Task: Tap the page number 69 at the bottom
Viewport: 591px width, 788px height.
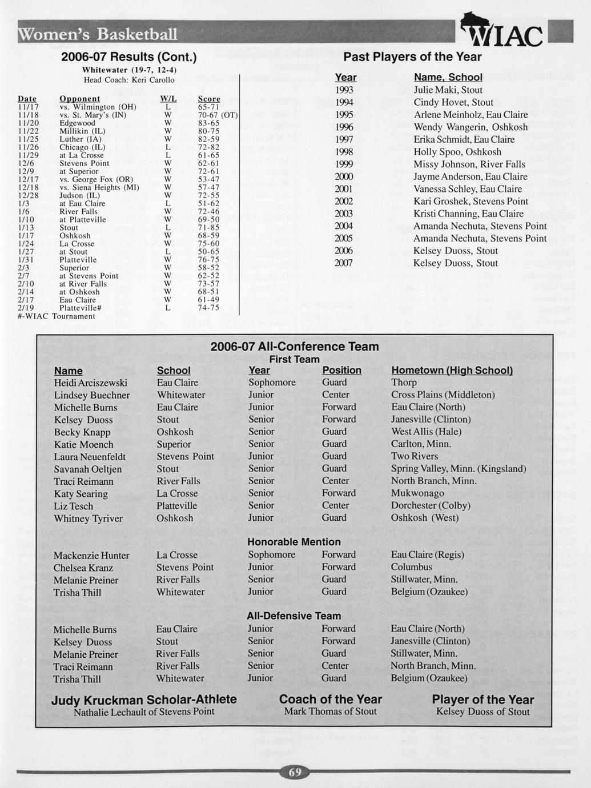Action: (x=295, y=773)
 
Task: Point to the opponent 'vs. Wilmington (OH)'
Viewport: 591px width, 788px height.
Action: (x=98, y=107)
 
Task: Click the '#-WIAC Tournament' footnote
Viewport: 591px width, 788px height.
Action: (x=57, y=316)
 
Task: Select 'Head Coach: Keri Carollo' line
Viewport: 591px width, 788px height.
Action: (x=129, y=80)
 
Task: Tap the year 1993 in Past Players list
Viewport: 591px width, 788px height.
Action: (x=344, y=90)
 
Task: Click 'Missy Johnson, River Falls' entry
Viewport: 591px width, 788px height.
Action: (x=469, y=164)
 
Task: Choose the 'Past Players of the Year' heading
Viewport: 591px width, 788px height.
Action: (x=412, y=57)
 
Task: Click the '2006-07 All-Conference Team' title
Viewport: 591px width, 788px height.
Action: (x=294, y=347)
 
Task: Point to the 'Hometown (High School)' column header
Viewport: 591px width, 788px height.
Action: (x=452, y=371)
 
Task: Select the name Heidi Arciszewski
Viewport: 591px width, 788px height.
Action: (x=91, y=383)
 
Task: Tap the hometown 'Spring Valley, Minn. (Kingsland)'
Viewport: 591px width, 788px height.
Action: (x=459, y=469)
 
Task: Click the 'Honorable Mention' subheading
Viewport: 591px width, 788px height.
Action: (x=294, y=542)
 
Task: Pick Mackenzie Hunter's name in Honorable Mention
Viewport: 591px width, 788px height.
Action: (x=91, y=556)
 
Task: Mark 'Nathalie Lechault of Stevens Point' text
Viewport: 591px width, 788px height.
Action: (x=144, y=712)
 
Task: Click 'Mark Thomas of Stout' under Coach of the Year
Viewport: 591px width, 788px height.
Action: (x=330, y=712)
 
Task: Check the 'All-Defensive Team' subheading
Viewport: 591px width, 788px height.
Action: (x=294, y=616)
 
